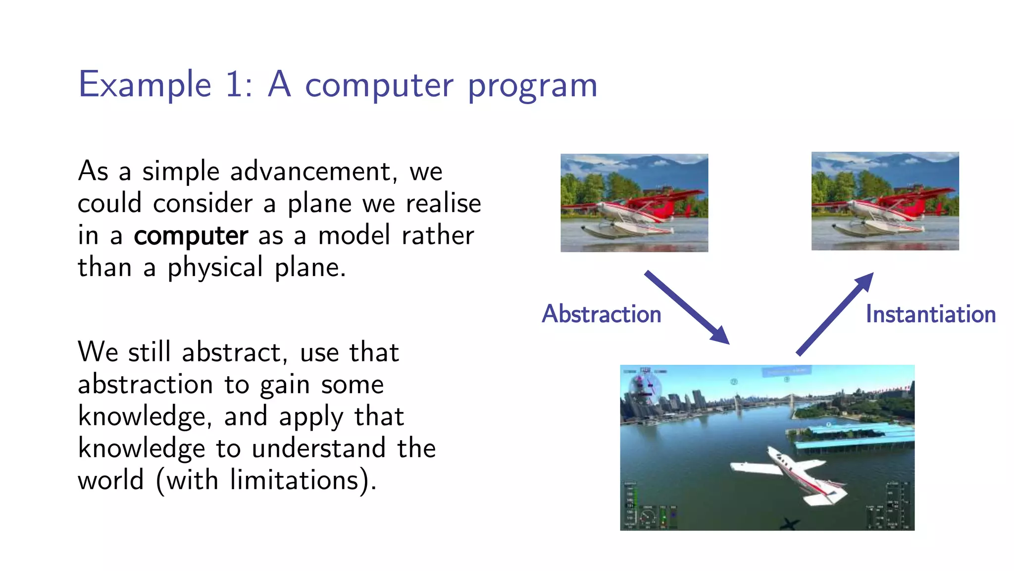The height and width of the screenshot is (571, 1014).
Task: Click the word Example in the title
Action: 145,85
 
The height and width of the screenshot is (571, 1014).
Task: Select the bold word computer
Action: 191,236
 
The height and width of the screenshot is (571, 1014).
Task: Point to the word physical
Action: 215,268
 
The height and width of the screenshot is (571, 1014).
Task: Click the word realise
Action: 443,204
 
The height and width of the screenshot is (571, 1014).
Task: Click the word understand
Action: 318,448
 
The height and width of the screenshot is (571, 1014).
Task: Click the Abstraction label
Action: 602,314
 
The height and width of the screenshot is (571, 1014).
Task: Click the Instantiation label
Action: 930,314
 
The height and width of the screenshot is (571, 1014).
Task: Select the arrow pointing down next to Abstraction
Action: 687,307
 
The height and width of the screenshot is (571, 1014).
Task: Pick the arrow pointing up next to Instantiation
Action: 835,313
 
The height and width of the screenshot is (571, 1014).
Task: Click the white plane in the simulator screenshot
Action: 792,474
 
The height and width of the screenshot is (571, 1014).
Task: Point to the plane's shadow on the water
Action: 789,523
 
